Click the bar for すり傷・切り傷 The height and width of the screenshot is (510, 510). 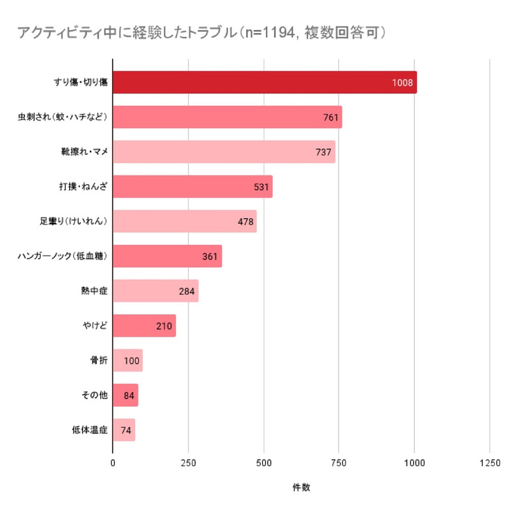(265, 82)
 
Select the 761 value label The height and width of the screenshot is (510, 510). (330, 117)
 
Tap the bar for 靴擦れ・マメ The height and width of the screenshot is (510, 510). (224, 152)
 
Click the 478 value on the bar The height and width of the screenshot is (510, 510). (245, 222)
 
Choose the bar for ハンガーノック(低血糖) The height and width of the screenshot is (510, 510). (167, 256)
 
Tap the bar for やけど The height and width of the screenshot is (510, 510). (144, 326)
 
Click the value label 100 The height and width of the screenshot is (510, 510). (132, 361)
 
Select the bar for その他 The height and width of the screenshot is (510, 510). (125, 395)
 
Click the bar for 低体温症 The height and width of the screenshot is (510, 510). (124, 430)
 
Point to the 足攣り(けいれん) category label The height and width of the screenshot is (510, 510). (73, 222)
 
